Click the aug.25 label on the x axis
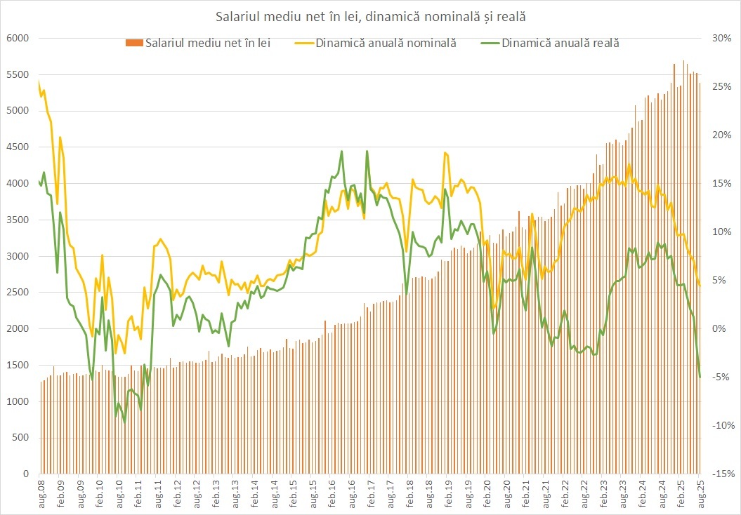tap(700, 491)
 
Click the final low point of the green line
tap(700, 377)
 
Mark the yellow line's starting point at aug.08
tap(39, 83)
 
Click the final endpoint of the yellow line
tap(700, 285)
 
